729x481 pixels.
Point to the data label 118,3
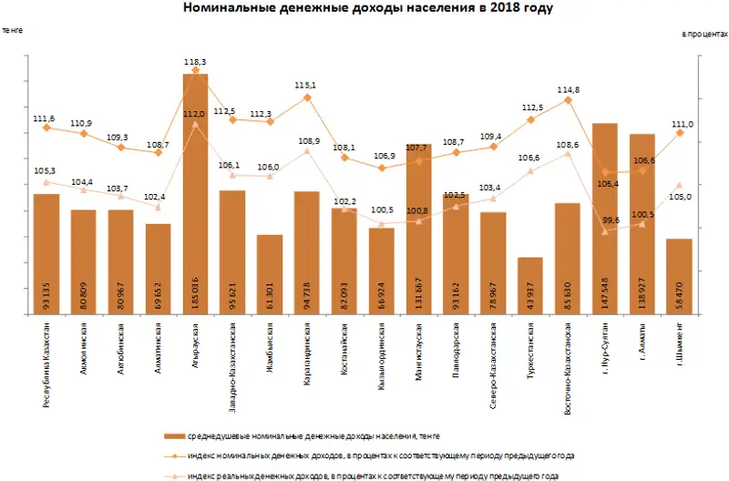pos(195,62)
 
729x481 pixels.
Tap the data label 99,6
pos(611,220)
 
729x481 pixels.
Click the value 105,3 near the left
pos(46,170)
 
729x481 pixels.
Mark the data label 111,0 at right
pos(682,124)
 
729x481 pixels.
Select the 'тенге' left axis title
pos(13,30)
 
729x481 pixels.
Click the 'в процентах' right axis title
pos(705,34)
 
